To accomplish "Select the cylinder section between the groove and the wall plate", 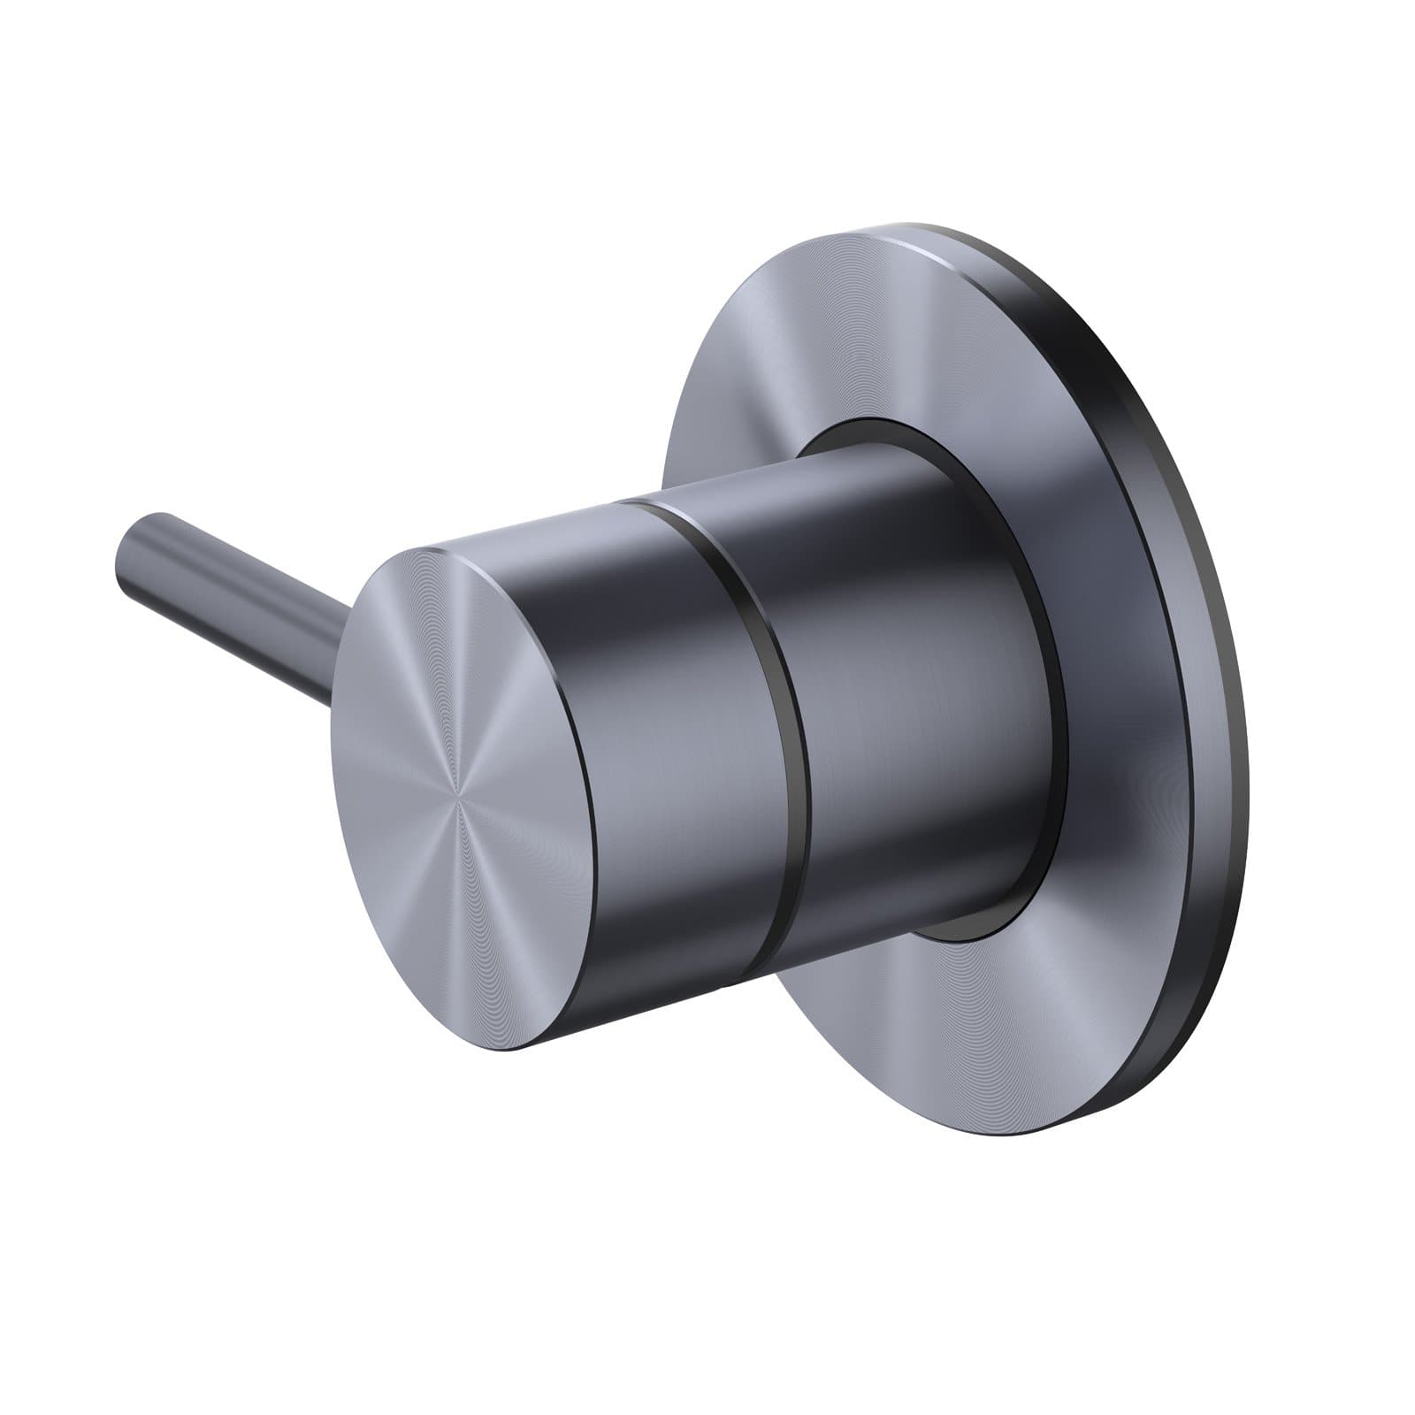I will point(902,690).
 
